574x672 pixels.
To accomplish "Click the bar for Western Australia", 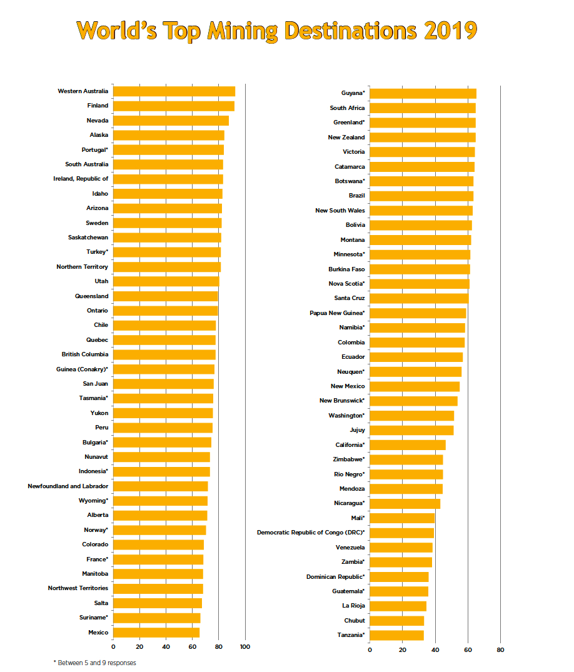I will tap(174, 91).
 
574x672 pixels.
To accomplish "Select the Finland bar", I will tap(173, 106).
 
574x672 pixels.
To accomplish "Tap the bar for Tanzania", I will tap(396, 635).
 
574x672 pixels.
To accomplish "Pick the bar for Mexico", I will tap(156, 633).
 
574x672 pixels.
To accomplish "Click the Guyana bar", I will tap(423, 93).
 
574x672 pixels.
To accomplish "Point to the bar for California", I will tap(407, 445).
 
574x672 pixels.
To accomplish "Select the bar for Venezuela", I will tap(401, 548).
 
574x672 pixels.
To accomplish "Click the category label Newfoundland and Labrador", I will tap(68, 486).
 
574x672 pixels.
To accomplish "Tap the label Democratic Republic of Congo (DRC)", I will tap(311, 533).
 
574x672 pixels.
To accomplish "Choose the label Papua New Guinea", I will tap(337, 313).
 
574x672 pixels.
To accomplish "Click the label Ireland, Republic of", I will tap(81, 179).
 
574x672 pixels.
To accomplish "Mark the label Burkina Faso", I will tap(346, 269).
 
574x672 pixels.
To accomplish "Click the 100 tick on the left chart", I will tap(245, 647).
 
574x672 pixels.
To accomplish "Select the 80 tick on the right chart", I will tap(500, 650).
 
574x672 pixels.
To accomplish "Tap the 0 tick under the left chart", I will tap(113, 647).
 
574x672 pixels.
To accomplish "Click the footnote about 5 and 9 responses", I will tap(94, 663).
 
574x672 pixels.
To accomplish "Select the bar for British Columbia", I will tap(164, 354).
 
